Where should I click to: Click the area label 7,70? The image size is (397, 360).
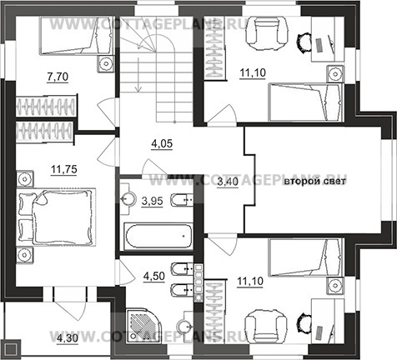point(58,77)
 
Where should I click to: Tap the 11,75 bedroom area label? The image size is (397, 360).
point(64,169)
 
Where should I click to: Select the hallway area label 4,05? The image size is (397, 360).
point(162,143)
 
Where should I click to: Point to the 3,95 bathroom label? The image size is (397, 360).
point(152,201)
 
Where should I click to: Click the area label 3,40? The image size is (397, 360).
point(228,182)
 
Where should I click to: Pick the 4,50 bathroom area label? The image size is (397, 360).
point(154,276)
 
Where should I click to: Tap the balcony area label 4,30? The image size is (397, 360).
point(68,338)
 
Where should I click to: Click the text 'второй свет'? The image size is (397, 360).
point(314,182)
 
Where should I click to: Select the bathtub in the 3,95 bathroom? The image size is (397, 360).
point(158,236)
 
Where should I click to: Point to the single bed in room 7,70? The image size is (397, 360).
point(77,35)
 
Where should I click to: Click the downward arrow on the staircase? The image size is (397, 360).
point(138,74)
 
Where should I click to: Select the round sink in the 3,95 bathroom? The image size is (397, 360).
point(128,198)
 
